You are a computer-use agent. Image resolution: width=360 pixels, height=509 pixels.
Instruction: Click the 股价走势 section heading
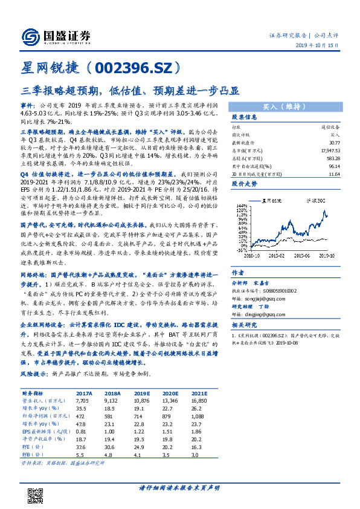[245, 181]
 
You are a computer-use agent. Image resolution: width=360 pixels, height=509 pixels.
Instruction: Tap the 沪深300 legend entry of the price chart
[315, 199]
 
